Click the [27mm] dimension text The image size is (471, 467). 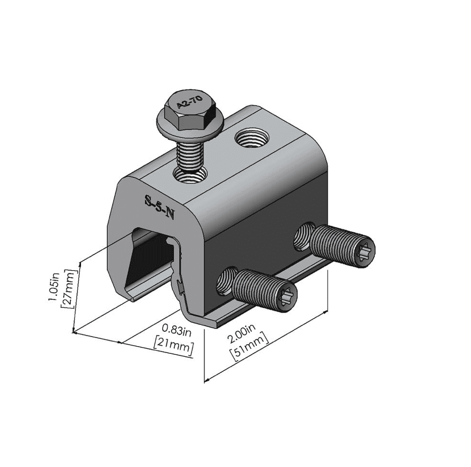click(x=68, y=289)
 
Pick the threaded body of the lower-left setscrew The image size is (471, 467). click(x=257, y=289)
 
